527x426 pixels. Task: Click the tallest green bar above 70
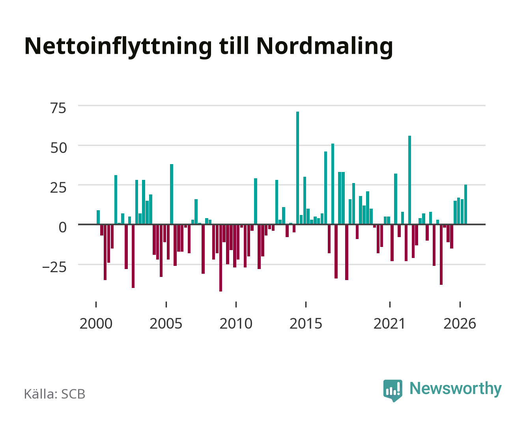297,168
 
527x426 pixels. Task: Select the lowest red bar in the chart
221,258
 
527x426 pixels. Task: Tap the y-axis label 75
58,108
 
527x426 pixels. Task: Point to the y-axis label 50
58,148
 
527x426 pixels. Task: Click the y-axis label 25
58,188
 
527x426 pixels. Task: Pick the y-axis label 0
63,227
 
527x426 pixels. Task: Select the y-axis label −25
54,267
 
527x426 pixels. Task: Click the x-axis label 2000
96,323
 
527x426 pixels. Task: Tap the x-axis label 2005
166,323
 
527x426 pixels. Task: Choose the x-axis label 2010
236,323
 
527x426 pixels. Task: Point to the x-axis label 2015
306,323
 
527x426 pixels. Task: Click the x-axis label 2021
390,323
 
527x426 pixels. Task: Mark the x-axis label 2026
460,323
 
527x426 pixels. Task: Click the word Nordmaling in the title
325,47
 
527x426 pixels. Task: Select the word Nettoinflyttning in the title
118,47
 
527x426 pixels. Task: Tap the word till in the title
234,46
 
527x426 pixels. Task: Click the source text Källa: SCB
55,394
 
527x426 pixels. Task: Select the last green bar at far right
465,204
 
